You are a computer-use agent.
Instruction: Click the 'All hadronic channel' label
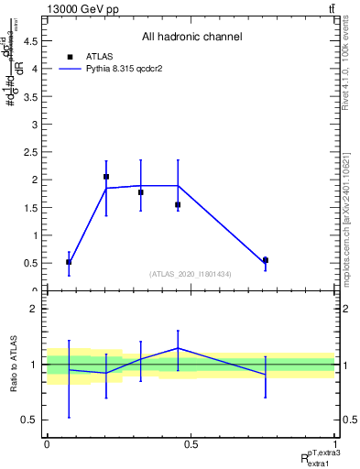click(x=191, y=37)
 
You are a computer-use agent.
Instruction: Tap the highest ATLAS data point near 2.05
click(x=106, y=177)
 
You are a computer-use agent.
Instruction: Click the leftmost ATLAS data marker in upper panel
click(x=69, y=262)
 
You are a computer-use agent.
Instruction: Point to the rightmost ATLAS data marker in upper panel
click(x=265, y=260)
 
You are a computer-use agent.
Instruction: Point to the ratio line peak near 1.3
click(x=178, y=348)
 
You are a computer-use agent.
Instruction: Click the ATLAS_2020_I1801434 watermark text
click(x=191, y=274)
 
